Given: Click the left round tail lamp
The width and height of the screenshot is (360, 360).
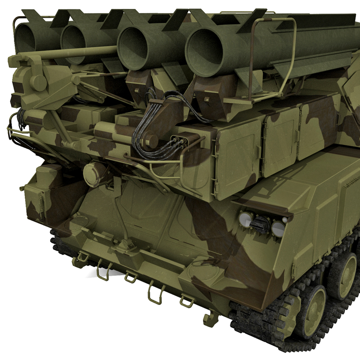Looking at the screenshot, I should (246, 219).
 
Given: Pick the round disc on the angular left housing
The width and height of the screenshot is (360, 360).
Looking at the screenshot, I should (39, 82).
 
